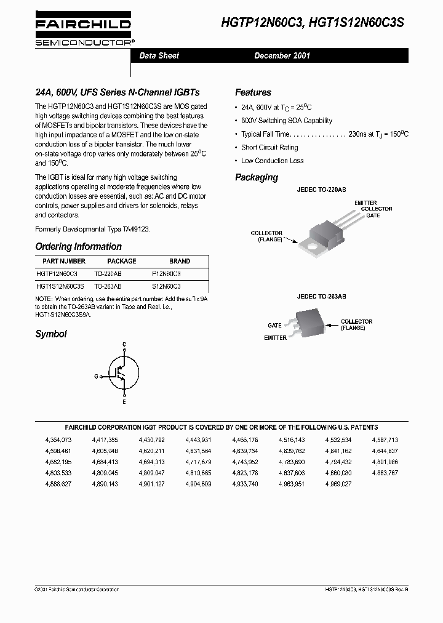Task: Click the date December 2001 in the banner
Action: (282, 55)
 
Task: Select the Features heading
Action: (253, 92)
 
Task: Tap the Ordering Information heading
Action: (78, 246)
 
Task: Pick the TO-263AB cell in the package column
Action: (108, 286)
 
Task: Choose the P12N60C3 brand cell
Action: (166, 273)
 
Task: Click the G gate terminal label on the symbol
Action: (96, 375)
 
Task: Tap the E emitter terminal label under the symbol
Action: (124, 401)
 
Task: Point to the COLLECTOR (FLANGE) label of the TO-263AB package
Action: (356, 324)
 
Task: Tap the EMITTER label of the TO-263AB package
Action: (275, 337)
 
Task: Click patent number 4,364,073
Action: (58, 440)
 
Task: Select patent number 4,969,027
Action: (338, 484)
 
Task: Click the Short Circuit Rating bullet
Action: (269, 147)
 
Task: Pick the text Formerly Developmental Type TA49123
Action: (92, 228)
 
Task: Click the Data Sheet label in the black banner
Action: (159, 55)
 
